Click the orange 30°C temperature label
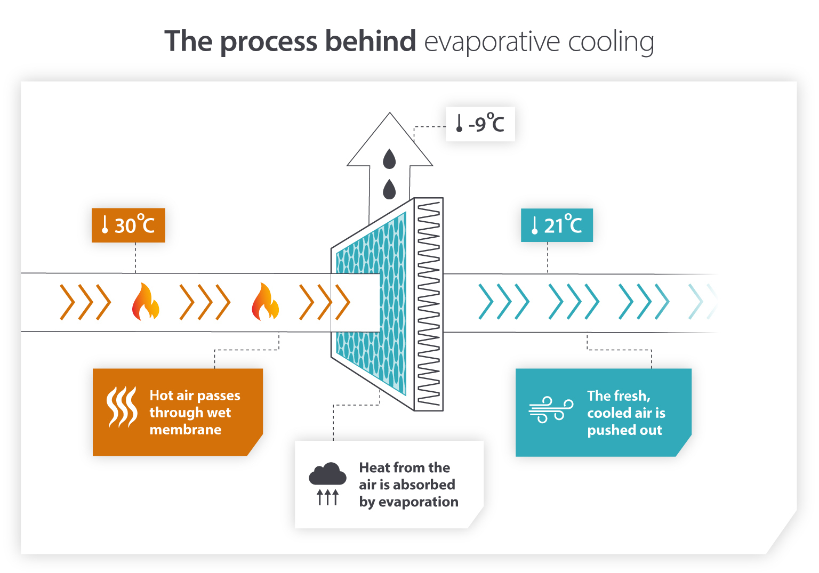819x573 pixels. click(x=128, y=225)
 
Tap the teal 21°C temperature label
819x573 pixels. click(x=556, y=225)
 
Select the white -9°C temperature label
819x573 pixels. click(x=480, y=124)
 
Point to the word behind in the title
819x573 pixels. click(x=371, y=41)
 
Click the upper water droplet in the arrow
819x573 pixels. click(x=390, y=159)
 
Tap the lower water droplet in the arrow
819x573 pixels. click(x=390, y=189)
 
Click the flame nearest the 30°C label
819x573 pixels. click(x=146, y=302)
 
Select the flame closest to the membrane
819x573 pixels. click(x=265, y=302)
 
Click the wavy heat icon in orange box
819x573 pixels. click(x=122, y=407)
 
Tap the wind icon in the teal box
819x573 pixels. click(x=551, y=410)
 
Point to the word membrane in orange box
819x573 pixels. click(x=185, y=430)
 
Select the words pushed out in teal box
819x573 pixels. click(x=624, y=430)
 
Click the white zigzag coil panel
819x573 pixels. click(x=429, y=304)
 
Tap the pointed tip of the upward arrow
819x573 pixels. click(x=390, y=115)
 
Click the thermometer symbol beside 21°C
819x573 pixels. click(x=534, y=225)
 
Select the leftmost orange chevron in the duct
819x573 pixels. click(x=67, y=302)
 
